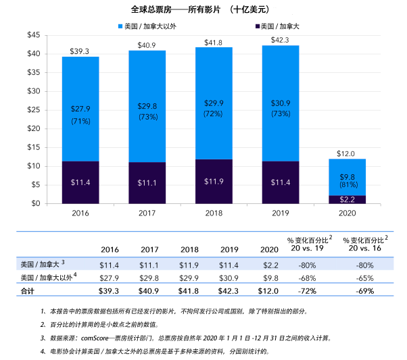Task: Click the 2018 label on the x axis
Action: [x=214, y=213]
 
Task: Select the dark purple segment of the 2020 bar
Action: [x=347, y=199]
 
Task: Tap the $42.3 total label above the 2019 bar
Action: [x=280, y=40]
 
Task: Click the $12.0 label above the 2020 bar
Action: [x=347, y=153]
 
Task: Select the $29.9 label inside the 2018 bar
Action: [x=214, y=103]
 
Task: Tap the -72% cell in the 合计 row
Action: [x=308, y=291]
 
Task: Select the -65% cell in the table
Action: [x=364, y=277]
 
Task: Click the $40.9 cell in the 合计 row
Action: [x=149, y=291]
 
